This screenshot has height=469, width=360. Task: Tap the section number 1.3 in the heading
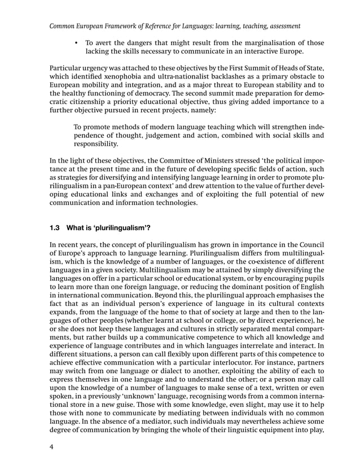pyautogui.click(x=55, y=229)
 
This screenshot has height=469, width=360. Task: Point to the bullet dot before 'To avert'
pyautogui.click(x=75, y=42)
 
